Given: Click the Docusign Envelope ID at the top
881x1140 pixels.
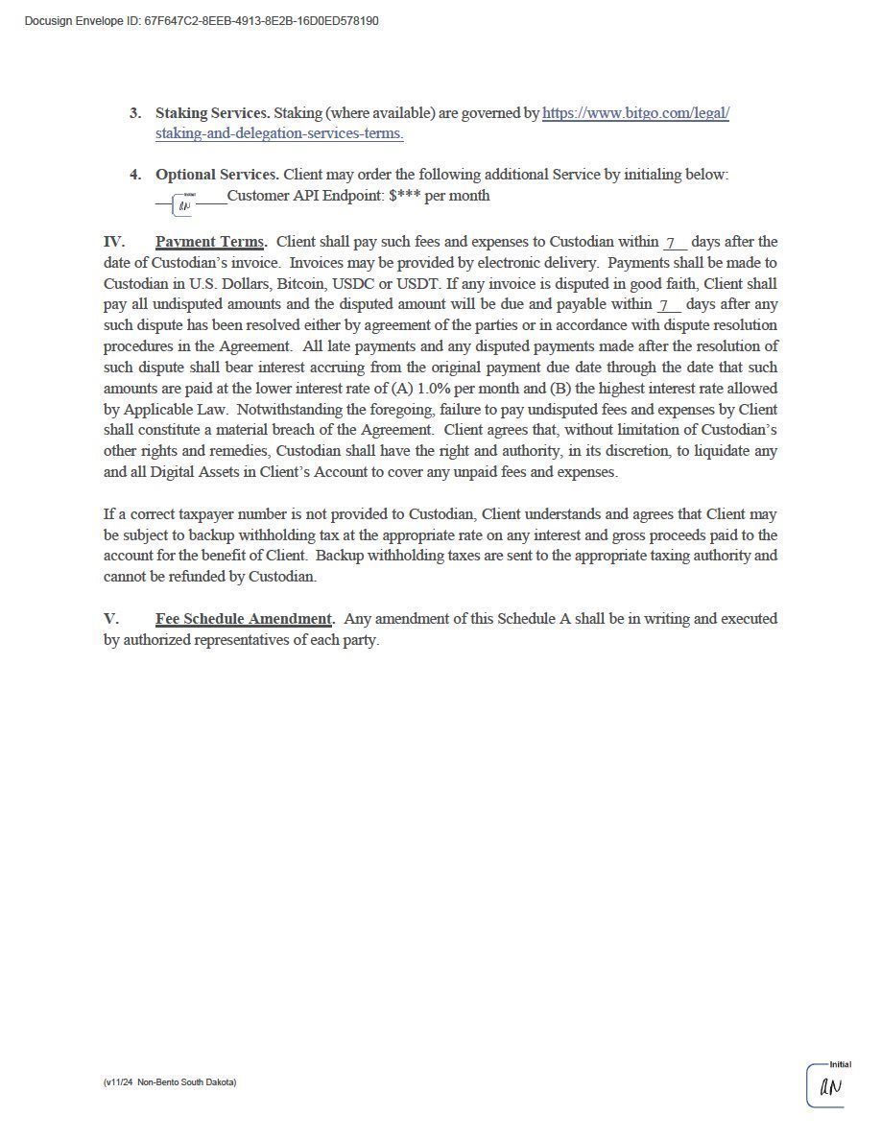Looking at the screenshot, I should point(202,21).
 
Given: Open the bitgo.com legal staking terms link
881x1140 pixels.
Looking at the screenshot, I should point(635,113).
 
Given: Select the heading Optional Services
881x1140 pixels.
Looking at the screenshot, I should point(217,175).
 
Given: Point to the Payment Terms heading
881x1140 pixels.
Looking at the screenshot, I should point(210,242).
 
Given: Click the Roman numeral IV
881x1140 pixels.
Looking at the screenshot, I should point(114,242).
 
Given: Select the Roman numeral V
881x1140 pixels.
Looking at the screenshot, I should point(111,619).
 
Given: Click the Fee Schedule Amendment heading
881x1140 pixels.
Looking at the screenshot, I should point(244,619).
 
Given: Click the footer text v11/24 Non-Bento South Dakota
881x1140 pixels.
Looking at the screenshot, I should point(170,1082).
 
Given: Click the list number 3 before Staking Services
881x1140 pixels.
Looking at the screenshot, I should point(135,113).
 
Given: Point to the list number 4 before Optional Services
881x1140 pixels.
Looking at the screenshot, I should point(135,175).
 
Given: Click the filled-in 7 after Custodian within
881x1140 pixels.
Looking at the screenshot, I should point(672,242).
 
